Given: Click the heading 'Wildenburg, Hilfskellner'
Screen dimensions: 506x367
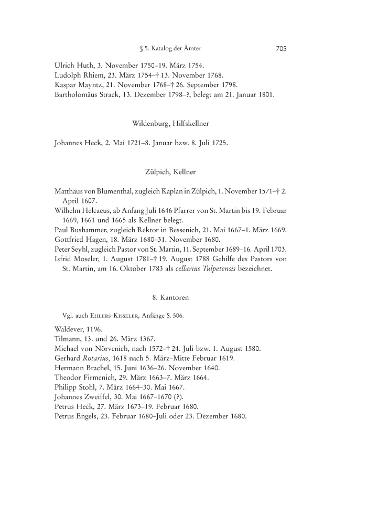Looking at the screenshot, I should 170,123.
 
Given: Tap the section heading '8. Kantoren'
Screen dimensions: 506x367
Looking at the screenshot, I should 170,297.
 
